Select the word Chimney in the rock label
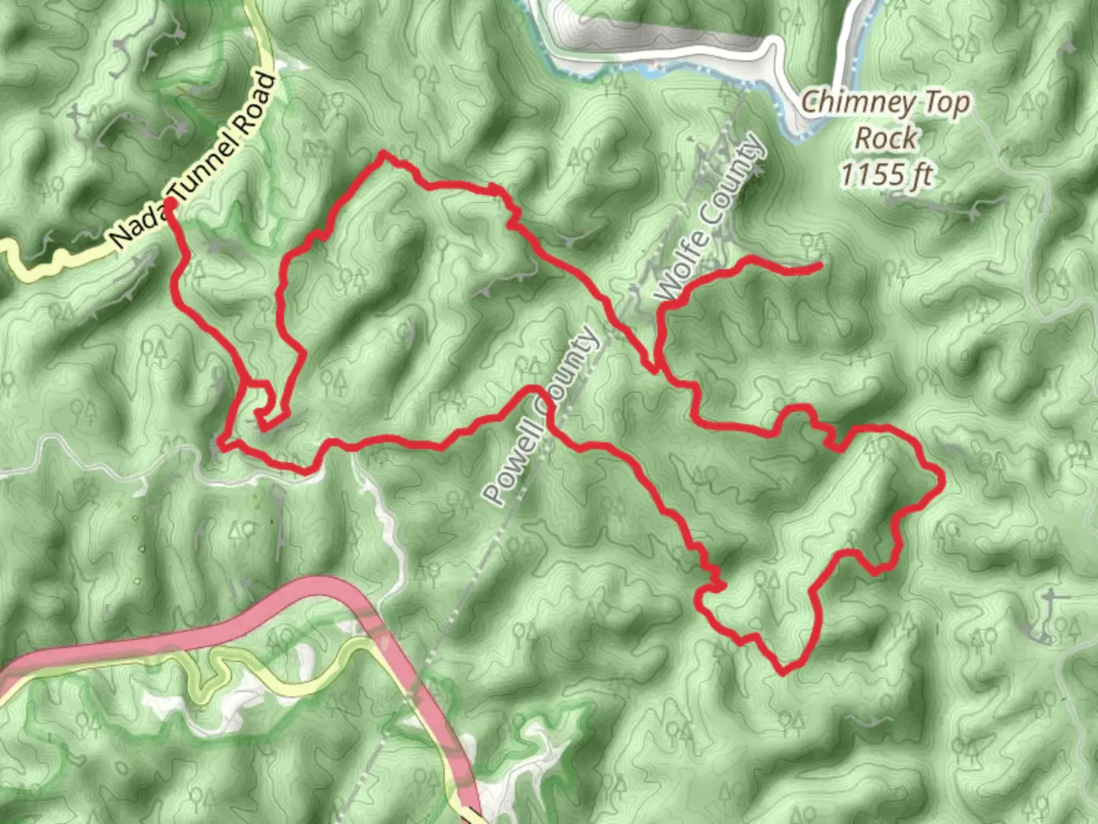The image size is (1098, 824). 852,101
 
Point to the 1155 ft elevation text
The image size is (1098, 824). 886,175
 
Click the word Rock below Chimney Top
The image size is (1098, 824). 886,138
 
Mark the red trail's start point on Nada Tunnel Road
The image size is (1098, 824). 171,203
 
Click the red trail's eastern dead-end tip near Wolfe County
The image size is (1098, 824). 820,266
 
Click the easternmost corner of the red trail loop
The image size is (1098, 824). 943,479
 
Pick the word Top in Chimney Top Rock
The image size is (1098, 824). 946,101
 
